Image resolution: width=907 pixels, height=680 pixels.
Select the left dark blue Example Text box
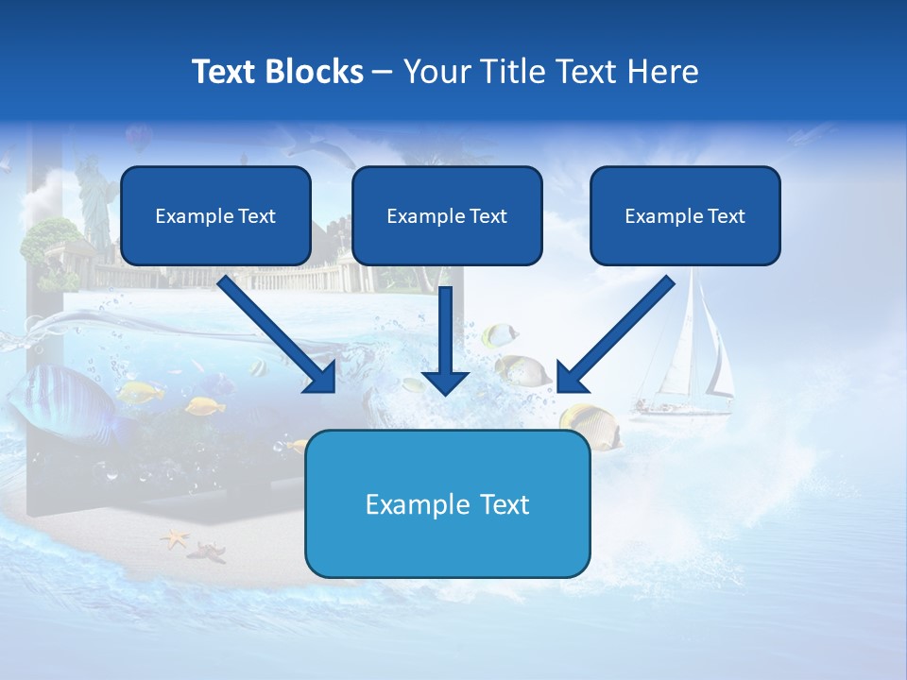(215, 216)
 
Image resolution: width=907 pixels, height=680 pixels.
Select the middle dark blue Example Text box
(447, 216)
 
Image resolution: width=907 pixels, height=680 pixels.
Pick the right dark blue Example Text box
(685, 216)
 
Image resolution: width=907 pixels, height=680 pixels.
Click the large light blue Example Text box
(448, 504)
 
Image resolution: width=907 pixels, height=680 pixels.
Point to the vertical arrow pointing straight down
(445, 340)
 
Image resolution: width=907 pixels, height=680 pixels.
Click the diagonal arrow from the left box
(279, 335)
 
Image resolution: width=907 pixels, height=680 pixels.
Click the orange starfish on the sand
(175, 539)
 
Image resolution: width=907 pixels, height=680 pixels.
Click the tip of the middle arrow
(445, 392)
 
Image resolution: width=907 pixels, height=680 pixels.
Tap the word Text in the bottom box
(505, 504)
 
